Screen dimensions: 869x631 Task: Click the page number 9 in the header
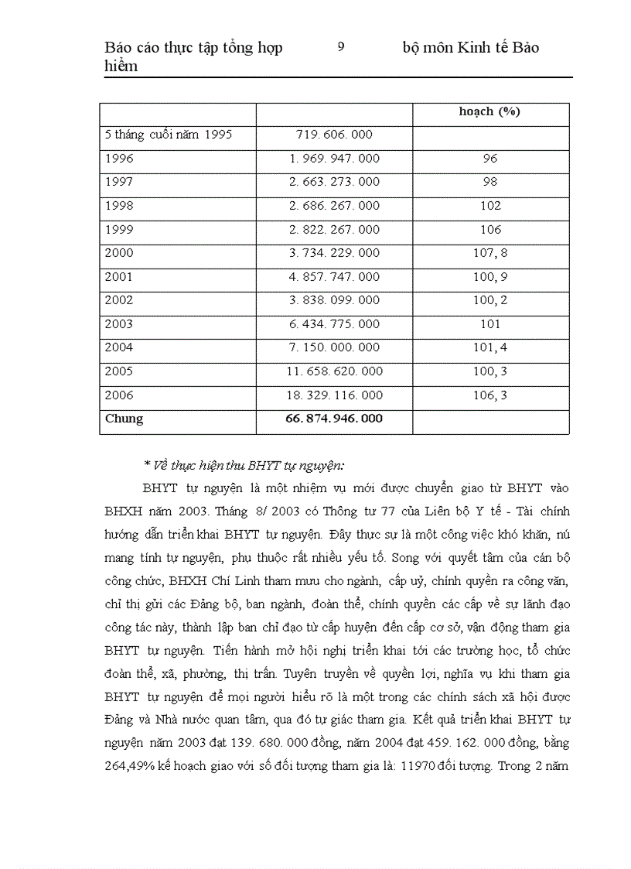[x=341, y=47]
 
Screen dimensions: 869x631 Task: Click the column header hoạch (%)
[x=489, y=111]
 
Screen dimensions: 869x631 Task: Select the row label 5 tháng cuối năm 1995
[x=169, y=135]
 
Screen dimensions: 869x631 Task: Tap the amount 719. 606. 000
[x=334, y=135]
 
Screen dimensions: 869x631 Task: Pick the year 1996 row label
[x=119, y=159]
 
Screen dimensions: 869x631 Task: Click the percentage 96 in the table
[x=489, y=159]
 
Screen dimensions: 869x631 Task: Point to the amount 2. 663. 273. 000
[x=334, y=182]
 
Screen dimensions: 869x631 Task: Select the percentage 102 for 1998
[x=490, y=206]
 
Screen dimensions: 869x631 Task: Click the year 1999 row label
[x=119, y=230]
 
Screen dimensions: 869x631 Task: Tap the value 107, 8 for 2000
[x=490, y=253]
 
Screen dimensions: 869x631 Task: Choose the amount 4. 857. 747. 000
[x=334, y=277]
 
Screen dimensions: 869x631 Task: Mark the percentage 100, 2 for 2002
[x=490, y=300]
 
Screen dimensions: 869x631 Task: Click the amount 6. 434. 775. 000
[x=334, y=324]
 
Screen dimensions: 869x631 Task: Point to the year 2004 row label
[x=119, y=347]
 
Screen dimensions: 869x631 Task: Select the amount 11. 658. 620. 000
[x=334, y=371]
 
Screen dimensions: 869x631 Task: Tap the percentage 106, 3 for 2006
[x=490, y=395]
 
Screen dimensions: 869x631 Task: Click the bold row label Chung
[x=124, y=419]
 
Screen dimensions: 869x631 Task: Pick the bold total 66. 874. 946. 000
[x=334, y=419]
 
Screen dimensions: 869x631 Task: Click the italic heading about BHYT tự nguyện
[x=244, y=465]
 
